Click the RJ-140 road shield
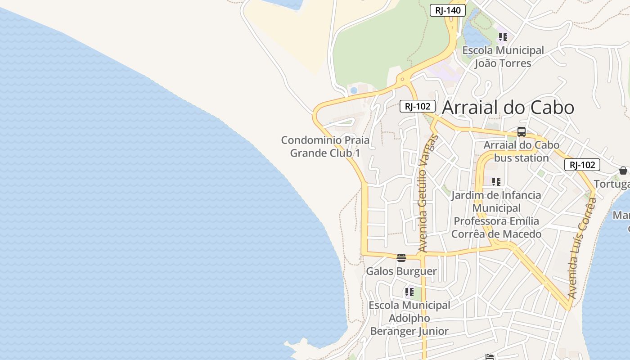(447, 10)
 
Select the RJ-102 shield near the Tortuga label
(582, 165)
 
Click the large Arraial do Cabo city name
(508, 108)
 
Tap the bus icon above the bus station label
(522, 132)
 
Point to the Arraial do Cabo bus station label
(521, 152)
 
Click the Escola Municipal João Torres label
(503, 57)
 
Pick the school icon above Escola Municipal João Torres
(503, 36)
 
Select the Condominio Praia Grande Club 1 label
(325, 147)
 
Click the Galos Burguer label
(401, 271)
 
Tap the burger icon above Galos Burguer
(401, 258)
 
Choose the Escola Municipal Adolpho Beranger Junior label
(409, 318)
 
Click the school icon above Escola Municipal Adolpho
(409, 292)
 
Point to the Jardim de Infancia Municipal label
(496, 215)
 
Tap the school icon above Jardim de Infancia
(496, 182)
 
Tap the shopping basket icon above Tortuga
(623, 171)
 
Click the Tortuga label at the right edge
(612, 184)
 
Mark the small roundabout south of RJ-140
(402, 80)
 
